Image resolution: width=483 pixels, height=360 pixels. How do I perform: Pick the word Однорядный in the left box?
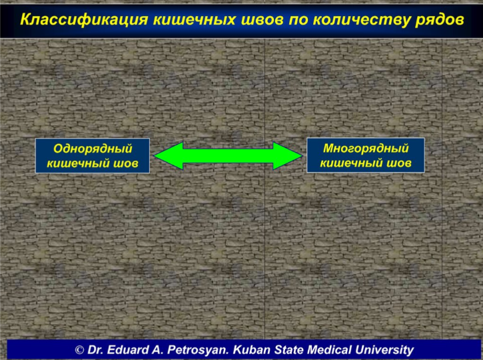point(93,149)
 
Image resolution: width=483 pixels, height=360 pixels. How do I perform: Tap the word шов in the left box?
point(126,164)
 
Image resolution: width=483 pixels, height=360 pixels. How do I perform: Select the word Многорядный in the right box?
point(366,149)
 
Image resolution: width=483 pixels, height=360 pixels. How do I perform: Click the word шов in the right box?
point(399,163)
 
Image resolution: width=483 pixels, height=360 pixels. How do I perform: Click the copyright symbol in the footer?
point(79,350)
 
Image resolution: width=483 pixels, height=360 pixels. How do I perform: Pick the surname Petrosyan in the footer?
point(199,351)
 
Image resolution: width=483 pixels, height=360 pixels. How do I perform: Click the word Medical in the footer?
point(330,350)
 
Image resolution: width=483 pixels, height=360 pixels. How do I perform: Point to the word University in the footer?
point(384,351)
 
